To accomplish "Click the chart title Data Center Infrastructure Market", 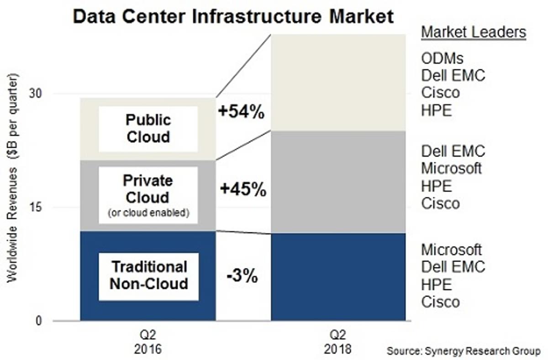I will [233, 17].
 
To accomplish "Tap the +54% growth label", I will [241, 112].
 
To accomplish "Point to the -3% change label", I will [242, 277].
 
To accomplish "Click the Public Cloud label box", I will [148, 129].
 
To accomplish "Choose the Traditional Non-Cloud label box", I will [149, 275].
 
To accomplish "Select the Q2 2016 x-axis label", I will [148, 342].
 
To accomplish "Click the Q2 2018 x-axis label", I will [338, 342].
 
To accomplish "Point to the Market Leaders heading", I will [473, 33].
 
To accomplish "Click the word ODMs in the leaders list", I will [442, 58].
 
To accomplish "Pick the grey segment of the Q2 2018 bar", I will [338, 182].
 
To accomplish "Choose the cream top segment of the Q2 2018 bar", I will [338, 82].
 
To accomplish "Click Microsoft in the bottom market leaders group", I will [451, 250].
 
